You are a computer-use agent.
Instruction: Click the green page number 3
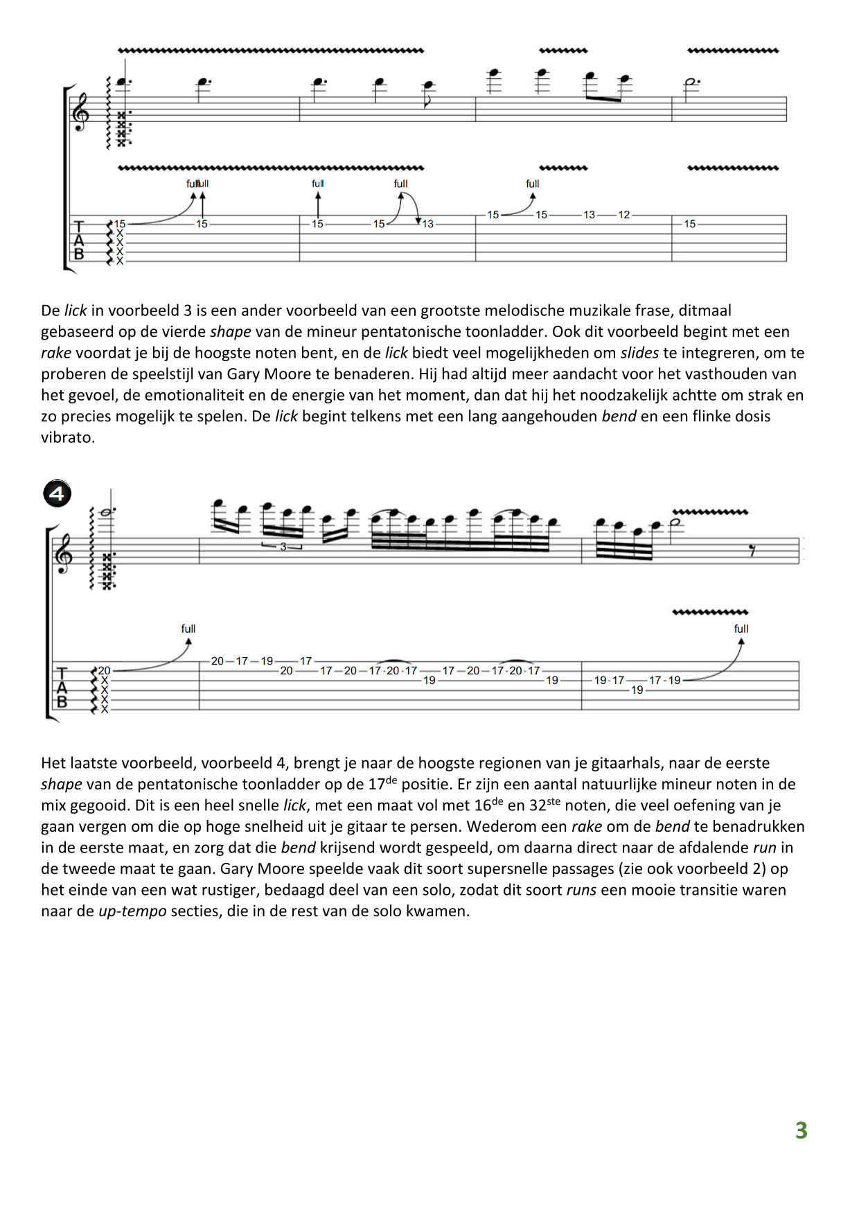point(801,1130)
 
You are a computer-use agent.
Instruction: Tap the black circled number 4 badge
point(57,493)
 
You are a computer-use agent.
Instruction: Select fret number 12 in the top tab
point(624,215)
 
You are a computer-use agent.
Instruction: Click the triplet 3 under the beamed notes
point(283,547)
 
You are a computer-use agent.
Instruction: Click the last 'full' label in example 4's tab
point(741,629)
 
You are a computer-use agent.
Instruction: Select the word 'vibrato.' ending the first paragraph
point(68,437)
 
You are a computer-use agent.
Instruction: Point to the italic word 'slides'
point(639,353)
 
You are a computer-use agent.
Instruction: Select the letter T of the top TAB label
point(79,227)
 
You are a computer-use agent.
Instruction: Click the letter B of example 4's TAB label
point(62,702)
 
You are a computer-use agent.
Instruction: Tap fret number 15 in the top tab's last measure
point(689,224)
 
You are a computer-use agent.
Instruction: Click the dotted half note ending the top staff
point(691,82)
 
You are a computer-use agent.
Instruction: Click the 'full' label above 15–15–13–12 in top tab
point(532,184)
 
